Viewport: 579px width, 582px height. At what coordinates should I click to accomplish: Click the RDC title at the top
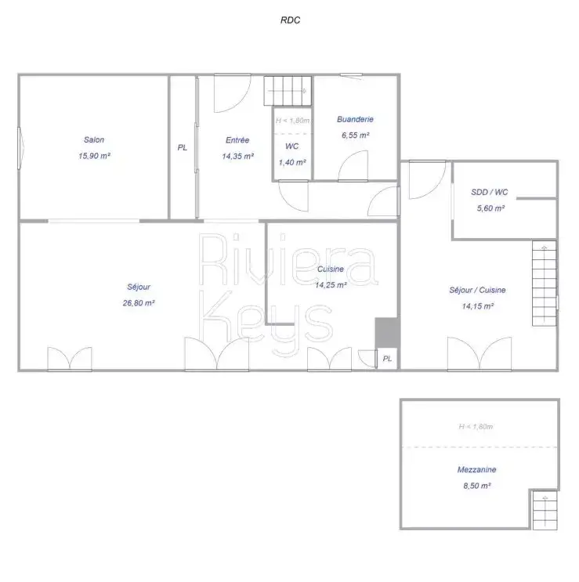290,20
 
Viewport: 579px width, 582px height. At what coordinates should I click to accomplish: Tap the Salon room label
94,140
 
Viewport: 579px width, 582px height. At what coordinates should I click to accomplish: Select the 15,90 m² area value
94,156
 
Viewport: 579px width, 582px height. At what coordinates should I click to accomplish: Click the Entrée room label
237,140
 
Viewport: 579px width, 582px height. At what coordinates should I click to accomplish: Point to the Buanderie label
355,119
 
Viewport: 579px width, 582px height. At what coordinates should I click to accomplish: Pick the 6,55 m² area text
356,135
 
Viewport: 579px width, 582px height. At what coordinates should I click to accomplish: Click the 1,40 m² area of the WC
292,162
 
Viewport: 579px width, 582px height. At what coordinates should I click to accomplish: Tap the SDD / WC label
490,192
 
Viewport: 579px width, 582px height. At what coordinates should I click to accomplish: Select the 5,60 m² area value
490,208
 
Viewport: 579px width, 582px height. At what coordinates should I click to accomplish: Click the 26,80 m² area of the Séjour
139,303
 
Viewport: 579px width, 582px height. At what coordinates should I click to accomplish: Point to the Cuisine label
331,269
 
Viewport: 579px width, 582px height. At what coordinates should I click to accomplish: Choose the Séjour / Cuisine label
477,290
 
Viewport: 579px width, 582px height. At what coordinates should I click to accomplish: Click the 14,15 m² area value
478,306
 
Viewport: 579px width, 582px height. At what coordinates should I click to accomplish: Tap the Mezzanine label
477,469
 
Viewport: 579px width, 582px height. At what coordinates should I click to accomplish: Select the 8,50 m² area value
477,486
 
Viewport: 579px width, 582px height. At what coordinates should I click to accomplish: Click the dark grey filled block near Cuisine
387,332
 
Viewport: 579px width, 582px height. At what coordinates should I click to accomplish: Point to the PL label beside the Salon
183,148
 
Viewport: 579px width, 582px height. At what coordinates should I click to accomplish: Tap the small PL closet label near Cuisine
387,359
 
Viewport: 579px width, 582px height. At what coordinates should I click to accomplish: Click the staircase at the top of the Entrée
288,91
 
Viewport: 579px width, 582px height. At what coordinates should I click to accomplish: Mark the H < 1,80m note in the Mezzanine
476,426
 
